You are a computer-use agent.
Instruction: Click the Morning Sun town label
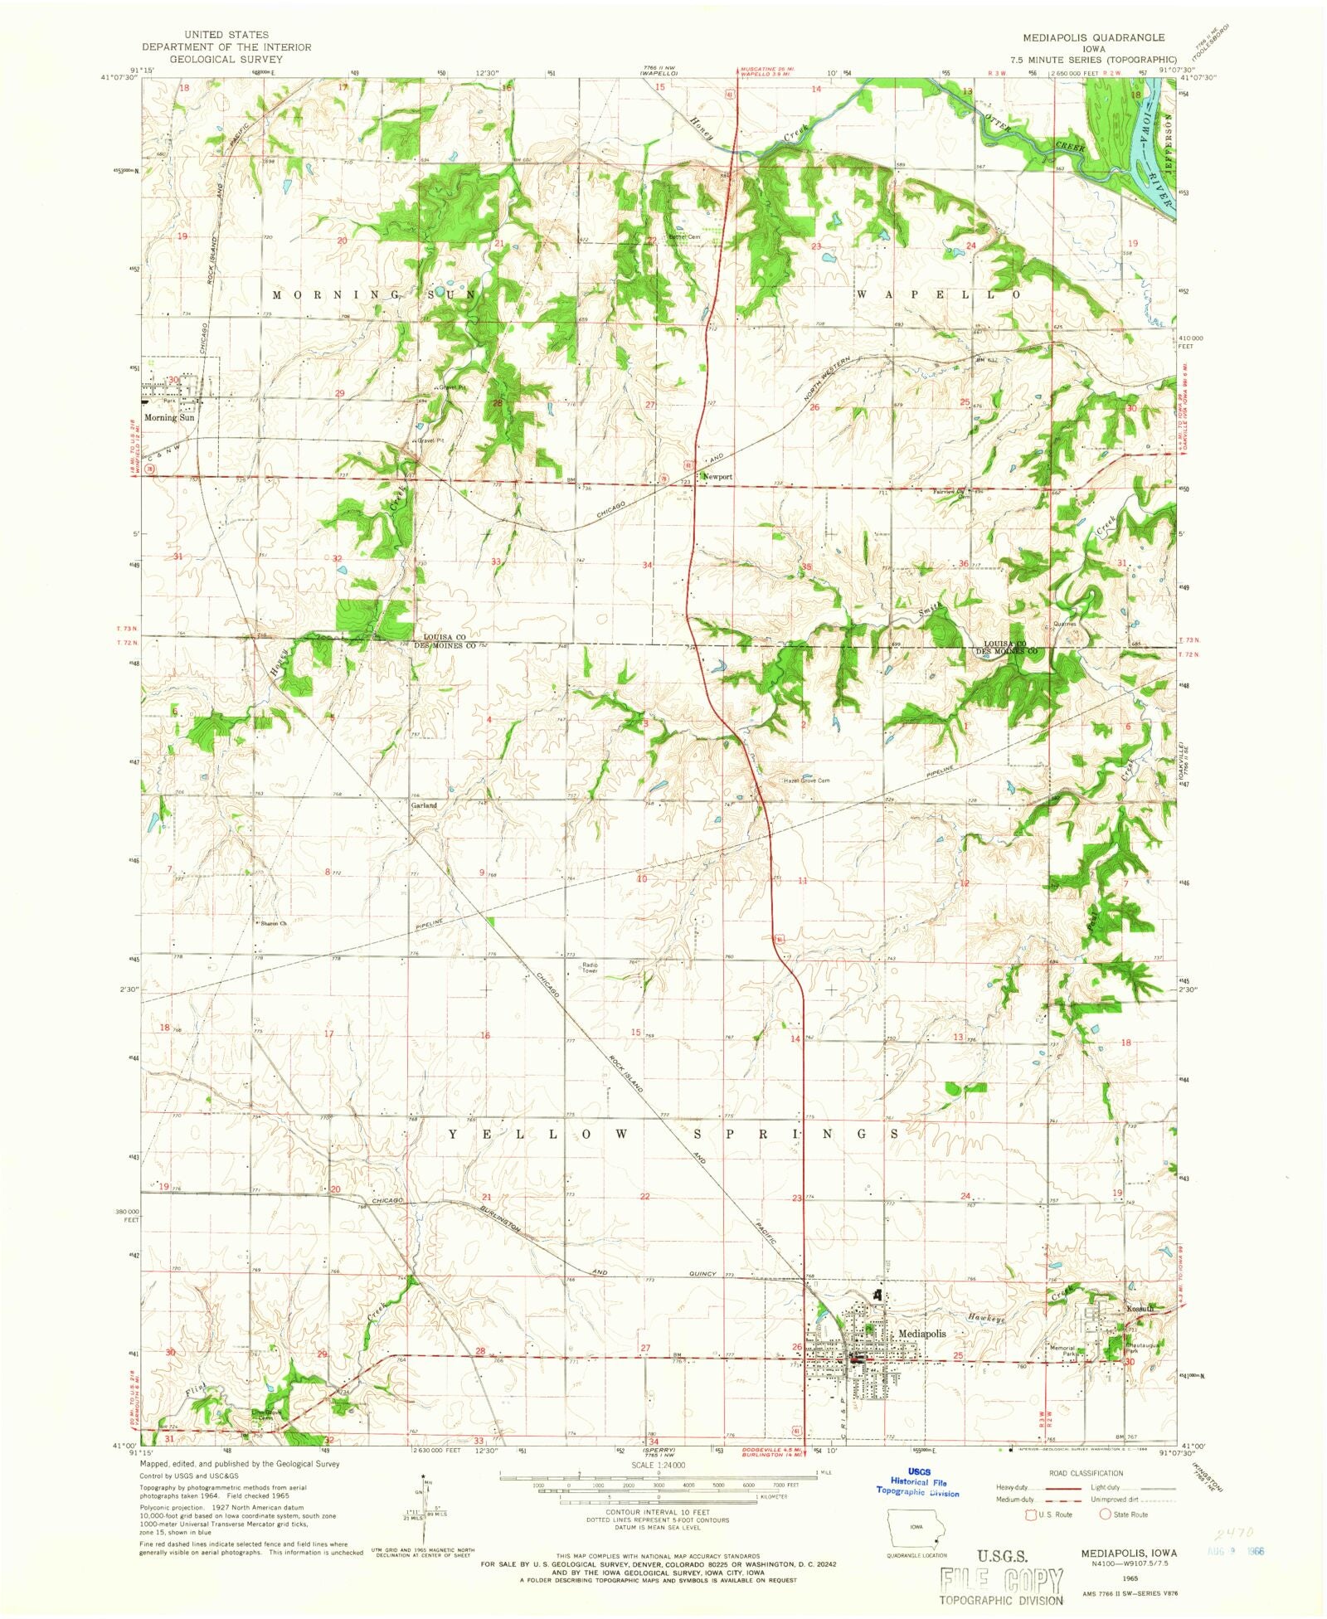169,418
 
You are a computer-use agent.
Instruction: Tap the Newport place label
718,477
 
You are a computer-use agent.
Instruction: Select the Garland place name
424,805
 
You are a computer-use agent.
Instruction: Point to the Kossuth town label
1140,1309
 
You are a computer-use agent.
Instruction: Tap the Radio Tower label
590,967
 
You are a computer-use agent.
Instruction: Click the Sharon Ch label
274,923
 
